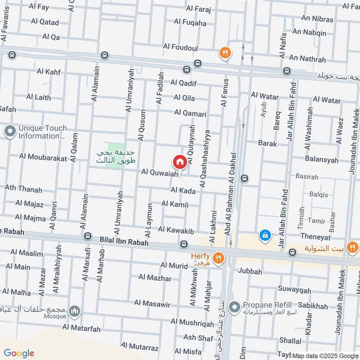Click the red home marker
179,162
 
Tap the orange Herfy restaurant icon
218,258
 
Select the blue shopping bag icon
265,235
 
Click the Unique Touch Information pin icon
9,132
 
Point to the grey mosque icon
74,311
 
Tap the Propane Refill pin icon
234,307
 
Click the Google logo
19,353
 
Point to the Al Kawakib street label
176,230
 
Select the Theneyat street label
315,237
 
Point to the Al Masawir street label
154,305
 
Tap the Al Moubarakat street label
43,157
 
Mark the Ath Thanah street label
23,189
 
